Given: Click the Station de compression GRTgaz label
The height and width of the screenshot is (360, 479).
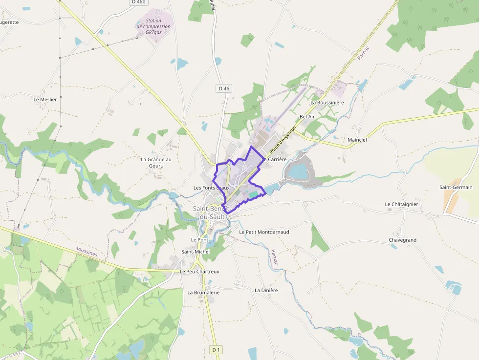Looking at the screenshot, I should (x=154, y=26).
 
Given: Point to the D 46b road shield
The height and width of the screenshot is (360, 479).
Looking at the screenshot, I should (x=139, y=2).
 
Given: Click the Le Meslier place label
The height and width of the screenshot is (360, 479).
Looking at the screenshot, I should (x=45, y=99).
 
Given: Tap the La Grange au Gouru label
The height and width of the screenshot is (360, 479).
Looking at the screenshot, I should (x=156, y=162).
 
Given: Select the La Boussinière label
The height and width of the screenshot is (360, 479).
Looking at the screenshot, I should (x=327, y=103).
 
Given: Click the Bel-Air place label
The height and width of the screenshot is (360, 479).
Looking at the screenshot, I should (x=307, y=117).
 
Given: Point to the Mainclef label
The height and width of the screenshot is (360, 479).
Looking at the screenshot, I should (x=357, y=140).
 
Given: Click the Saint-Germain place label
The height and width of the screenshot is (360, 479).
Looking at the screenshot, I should (x=456, y=187).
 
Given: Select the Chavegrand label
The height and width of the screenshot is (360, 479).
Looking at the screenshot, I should (x=402, y=240).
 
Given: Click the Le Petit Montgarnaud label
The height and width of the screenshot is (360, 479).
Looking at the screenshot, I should (x=264, y=232).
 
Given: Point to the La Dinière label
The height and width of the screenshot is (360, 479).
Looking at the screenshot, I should (x=266, y=290).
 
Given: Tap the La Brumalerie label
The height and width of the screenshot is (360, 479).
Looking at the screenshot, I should (x=203, y=292).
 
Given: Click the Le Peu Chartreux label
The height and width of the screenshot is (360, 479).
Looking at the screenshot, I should (x=199, y=272).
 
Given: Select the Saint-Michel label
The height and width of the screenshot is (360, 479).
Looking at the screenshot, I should (x=196, y=252).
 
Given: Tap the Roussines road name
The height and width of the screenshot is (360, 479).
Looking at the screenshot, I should (x=87, y=252).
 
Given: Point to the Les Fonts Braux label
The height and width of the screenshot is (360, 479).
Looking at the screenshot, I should (x=211, y=188).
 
